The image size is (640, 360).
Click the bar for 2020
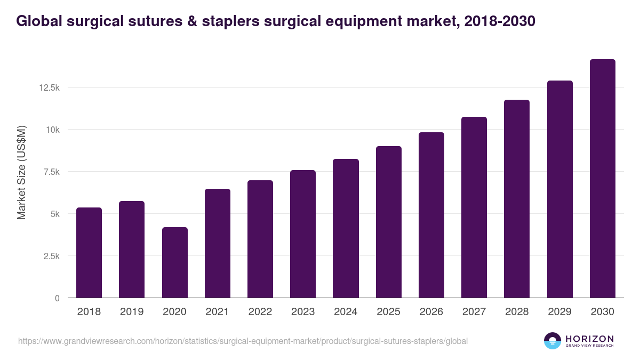pos(174,262)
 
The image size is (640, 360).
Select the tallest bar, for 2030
pos(602,179)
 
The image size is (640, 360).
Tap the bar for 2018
pos(89,253)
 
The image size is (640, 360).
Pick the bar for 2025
pos(388,222)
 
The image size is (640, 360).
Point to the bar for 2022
pos(260,239)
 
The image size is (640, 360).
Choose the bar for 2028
pos(517,198)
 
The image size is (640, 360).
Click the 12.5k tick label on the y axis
pos(49,87)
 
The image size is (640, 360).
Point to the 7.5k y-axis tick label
pos(51,172)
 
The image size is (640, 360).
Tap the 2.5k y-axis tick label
pos(51,256)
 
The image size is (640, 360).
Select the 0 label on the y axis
pos(57,298)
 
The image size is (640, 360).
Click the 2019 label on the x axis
pos(132,312)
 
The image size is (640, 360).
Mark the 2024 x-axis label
pos(346,312)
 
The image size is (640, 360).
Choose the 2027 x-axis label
pos(474,312)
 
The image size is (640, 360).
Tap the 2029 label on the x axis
pos(559,312)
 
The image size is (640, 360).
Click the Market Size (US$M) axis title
pos(21,172)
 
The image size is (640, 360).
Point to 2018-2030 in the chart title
pos(500,21)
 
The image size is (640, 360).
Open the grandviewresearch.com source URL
pos(243,341)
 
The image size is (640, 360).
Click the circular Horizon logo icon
pos(553,341)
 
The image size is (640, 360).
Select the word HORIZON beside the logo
pos(589,339)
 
